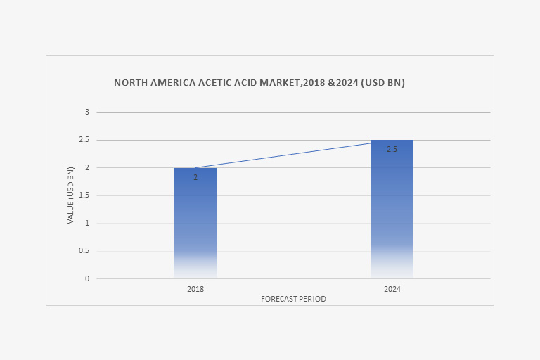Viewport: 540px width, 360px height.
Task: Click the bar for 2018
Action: (195, 225)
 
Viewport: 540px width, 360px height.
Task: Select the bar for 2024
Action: (392, 211)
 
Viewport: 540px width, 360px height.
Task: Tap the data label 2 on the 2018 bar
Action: (195, 178)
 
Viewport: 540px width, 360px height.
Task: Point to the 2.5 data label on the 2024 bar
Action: (392, 150)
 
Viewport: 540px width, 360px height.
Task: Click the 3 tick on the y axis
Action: (88, 112)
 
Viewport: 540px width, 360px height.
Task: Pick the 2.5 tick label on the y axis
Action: (84, 140)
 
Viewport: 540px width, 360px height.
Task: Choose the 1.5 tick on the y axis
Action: (84, 195)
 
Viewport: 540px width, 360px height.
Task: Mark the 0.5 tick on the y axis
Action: (84, 251)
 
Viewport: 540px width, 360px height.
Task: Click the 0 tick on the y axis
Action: (88, 278)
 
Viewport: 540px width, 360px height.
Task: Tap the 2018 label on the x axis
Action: (195, 289)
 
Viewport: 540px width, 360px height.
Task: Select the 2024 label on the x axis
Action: (392, 289)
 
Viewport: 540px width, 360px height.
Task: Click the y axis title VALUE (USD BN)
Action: (70, 195)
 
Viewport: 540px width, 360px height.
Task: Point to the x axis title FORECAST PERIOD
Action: (293, 299)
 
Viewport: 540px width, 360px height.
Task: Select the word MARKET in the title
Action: (278, 83)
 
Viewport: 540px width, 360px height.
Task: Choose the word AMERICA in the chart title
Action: (168, 83)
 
